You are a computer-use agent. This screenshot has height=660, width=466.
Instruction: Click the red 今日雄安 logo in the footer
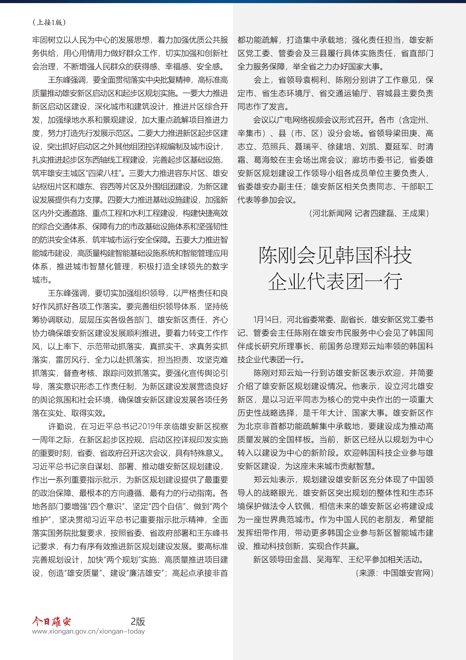point(51,621)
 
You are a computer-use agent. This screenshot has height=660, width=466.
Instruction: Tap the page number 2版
point(138,621)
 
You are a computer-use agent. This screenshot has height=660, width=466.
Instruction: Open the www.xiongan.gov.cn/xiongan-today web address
point(88,631)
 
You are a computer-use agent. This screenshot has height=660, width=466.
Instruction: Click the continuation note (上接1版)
point(49,22)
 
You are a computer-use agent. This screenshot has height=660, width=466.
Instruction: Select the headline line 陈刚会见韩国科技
point(335,255)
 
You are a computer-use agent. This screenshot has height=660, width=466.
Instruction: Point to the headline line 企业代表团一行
point(335,281)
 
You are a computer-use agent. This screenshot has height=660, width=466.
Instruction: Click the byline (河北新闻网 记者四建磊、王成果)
point(369,213)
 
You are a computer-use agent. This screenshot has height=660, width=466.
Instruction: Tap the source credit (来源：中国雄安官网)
point(394,573)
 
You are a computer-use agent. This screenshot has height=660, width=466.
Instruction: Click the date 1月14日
point(266,319)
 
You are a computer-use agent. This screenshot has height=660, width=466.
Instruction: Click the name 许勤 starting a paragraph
point(56,426)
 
